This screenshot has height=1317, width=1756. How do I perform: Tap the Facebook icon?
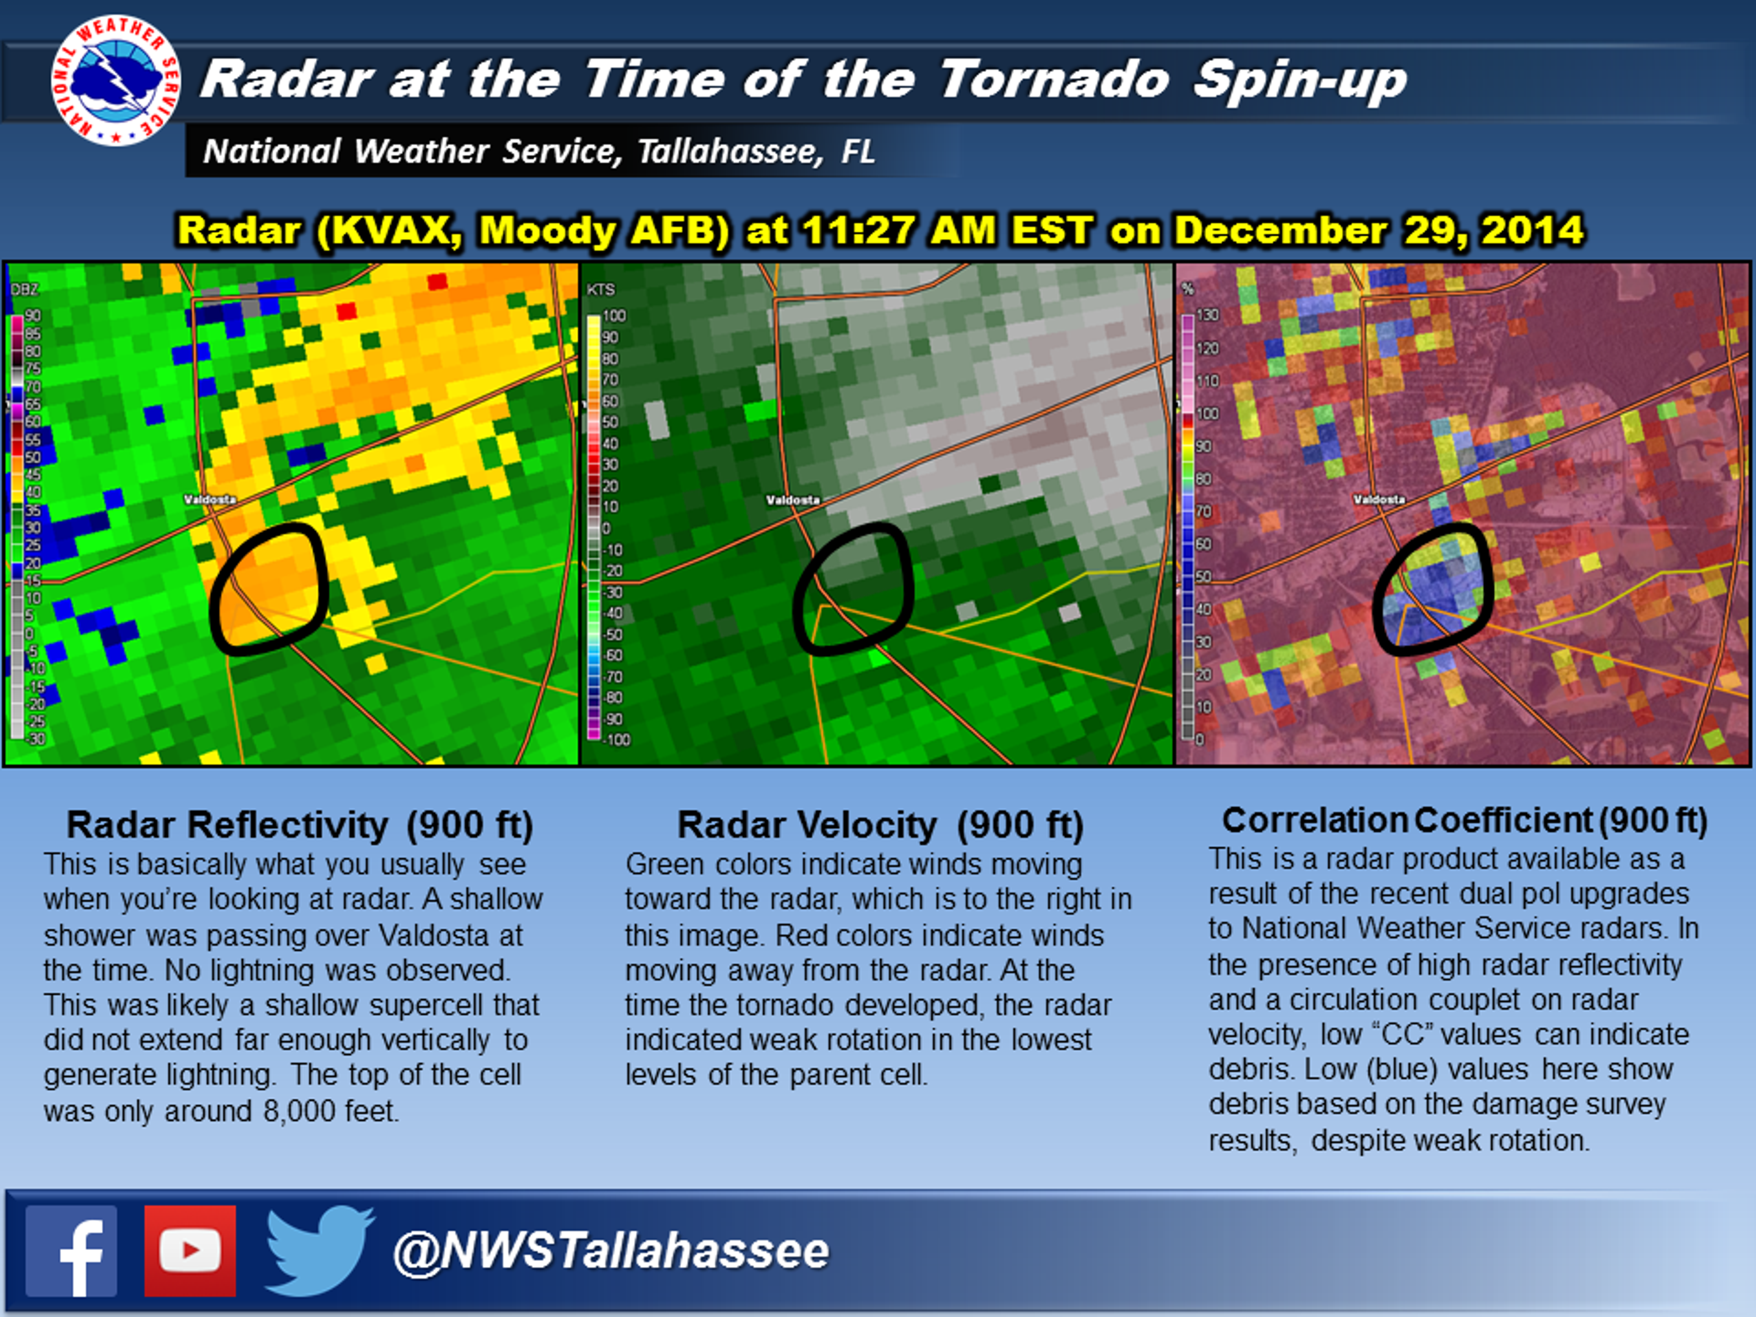pos(71,1251)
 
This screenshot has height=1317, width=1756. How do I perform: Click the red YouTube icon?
pos(190,1251)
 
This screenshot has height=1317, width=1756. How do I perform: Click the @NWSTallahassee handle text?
pos(610,1251)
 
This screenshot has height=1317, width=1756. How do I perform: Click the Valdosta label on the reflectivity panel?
pos(209,499)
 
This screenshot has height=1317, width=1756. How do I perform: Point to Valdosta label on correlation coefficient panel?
pos(1379,499)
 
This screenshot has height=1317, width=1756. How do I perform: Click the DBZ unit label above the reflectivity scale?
pos(25,289)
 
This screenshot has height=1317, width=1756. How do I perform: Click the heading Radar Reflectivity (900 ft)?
pos(299,825)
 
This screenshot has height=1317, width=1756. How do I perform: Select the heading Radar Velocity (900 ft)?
pos(879,825)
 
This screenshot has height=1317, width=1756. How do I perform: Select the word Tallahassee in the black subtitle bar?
pos(730,151)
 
